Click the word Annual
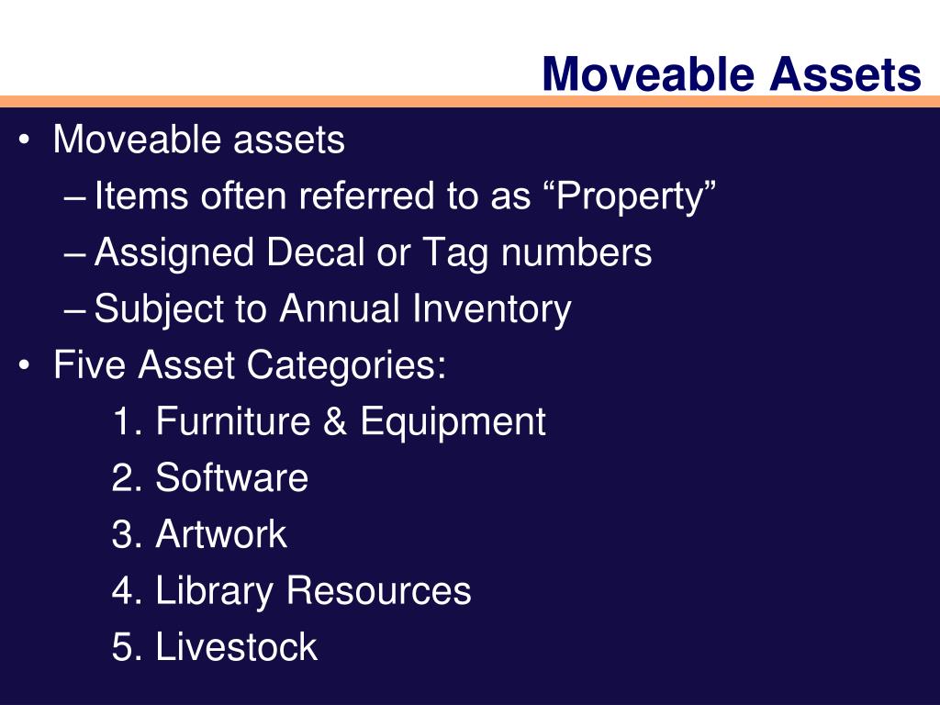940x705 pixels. [340, 309]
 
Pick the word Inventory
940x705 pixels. [491, 310]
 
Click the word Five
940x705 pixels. [91, 365]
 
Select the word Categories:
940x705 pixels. [347, 366]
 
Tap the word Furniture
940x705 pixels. [233, 421]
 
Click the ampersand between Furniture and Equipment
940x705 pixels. [335, 422]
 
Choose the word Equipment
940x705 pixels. [453, 423]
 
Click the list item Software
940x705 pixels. [231, 478]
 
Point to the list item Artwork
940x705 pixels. [221, 534]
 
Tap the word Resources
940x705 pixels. [378, 591]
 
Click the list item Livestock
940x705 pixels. [236, 647]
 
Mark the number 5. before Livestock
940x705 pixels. [125, 647]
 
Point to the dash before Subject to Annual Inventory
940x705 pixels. [77, 310]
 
